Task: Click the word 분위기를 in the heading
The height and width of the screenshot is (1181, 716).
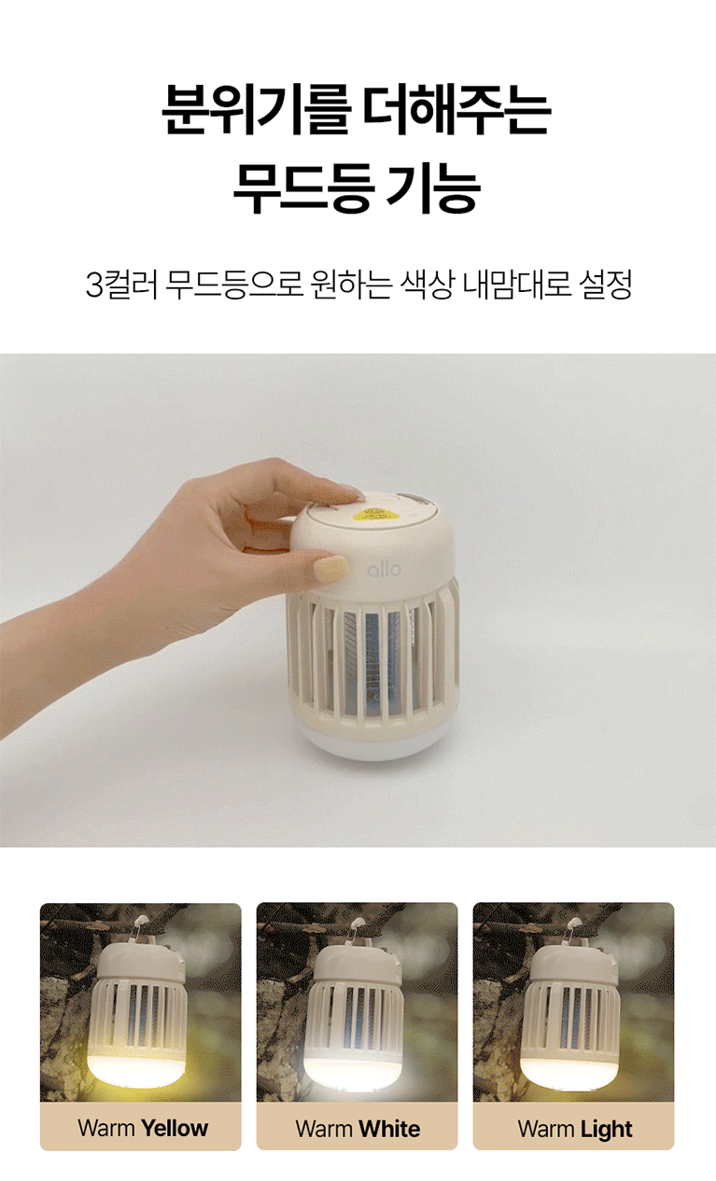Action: pos(256,110)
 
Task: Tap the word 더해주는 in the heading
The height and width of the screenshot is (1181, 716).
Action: pos(458,110)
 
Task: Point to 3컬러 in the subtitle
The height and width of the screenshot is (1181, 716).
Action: pos(121,285)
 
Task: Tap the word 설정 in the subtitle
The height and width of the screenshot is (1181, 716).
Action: pos(605,285)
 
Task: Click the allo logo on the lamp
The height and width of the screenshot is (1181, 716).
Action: pos(385,569)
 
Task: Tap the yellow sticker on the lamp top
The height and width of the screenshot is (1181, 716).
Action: pos(375,512)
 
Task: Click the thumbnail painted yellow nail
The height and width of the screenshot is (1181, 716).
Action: pos(331,568)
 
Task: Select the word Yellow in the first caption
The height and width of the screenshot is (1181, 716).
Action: pos(175,1128)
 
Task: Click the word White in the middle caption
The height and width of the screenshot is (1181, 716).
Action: pos(390,1128)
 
